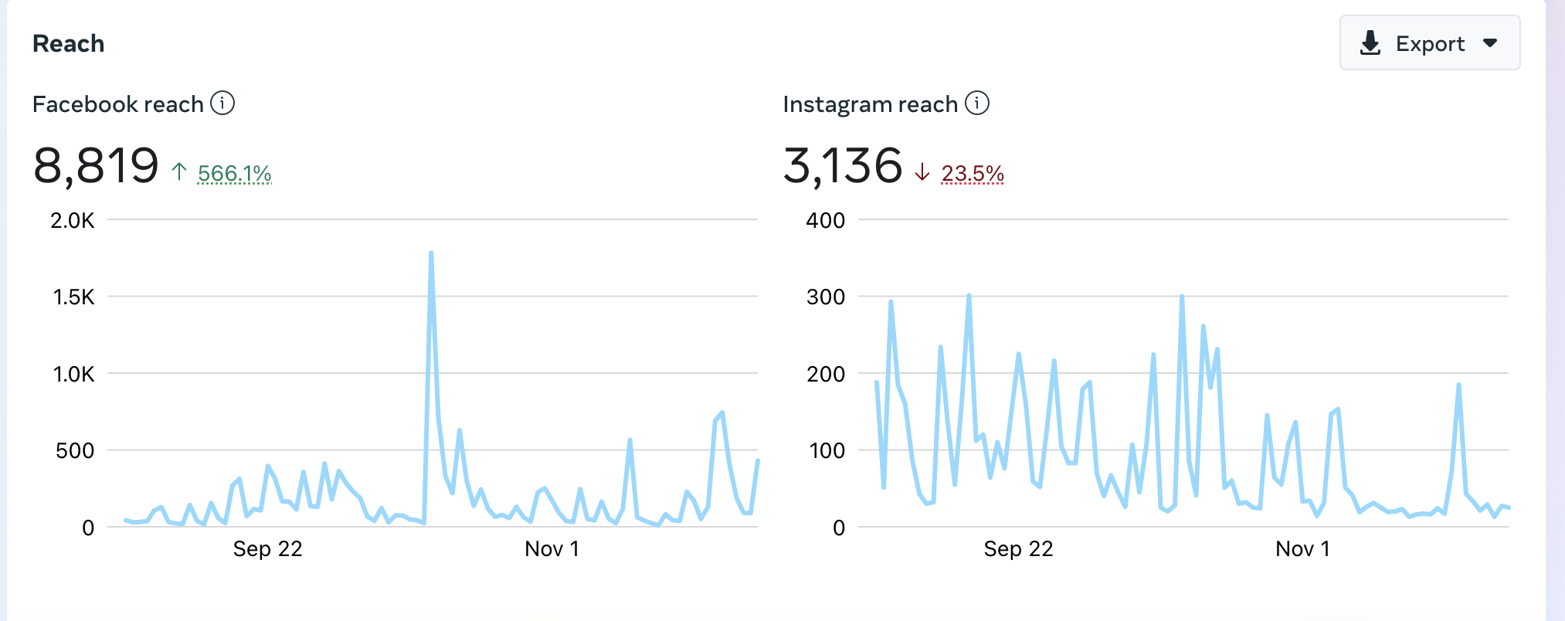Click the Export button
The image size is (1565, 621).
click(1429, 43)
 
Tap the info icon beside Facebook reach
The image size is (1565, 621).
click(222, 103)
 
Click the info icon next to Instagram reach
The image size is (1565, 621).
click(977, 103)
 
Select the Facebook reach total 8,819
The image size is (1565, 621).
click(96, 166)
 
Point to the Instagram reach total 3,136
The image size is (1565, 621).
click(843, 166)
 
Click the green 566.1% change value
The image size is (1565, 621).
click(235, 173)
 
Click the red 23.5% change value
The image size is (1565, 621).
click(973, 173)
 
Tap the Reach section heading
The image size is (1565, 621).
click(68, 43)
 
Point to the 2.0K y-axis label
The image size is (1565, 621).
click(73, 220)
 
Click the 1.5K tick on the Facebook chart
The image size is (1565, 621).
click(73, 297)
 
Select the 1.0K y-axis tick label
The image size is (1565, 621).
click(73, 374)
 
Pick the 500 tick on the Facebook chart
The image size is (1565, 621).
click(75, 450)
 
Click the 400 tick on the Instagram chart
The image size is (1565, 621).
click(826, 220)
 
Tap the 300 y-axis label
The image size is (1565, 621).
click(826, 297)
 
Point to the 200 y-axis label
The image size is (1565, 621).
click(826, 374)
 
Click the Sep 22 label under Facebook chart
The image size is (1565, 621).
click(268, 548)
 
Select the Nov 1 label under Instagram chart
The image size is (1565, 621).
click(1302, 548)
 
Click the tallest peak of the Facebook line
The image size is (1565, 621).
click(430, 253)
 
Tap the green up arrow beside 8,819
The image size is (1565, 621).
click(179, 171)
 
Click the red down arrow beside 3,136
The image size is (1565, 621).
click(922, 171)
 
